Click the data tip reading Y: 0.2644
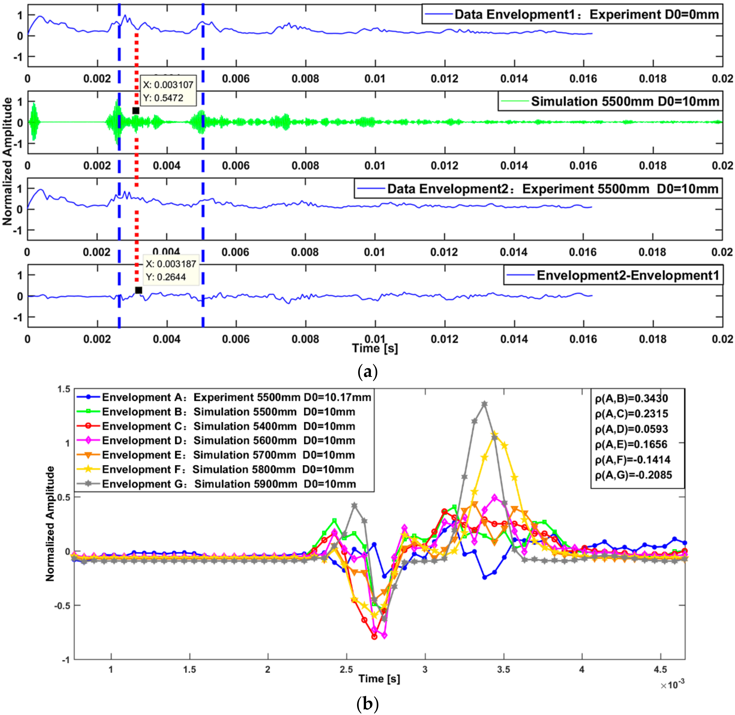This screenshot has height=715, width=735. [x=166, y=277]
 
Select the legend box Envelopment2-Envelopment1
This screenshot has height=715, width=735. [x=613, y=275]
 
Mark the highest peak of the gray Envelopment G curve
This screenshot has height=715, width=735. [x=485, y=404]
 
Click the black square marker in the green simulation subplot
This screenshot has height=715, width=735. [x=136, y=111]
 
